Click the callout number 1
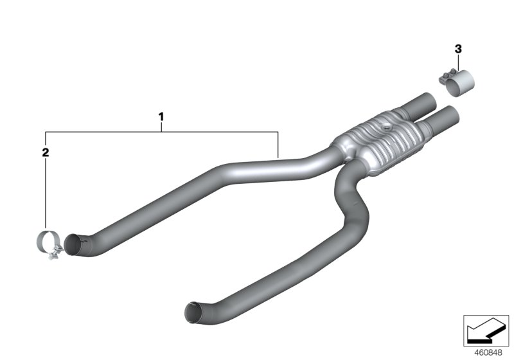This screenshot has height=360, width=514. pyautogui.click(x=161, y=117)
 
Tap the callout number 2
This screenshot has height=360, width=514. pyautogui.click(x=45, y=152)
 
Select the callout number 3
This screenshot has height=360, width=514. pyautogui.click(x=457, y=48)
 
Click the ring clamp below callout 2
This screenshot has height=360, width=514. pyautogui.click(x=45, y=244)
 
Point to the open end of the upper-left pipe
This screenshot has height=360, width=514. pyautogui.click(x=76, y=246)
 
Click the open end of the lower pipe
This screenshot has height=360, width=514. pyautogui.click(x=192, y=311)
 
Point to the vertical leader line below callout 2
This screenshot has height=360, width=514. pyautogui.click(x=45, y=193)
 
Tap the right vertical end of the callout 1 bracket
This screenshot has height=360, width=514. pyautogui.click(x=277, y=145)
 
